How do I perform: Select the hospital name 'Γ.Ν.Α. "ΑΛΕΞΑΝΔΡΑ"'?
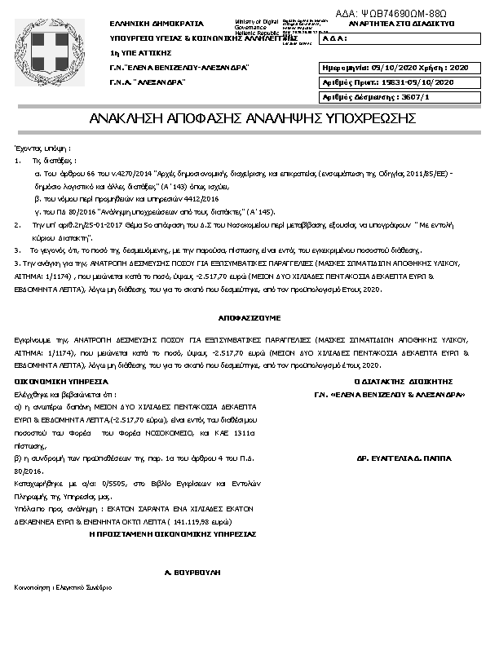(148, 82)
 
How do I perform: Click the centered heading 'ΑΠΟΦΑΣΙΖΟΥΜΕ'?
(245, 314)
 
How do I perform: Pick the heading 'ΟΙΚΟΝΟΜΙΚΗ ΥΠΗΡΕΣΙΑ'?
(62, 381)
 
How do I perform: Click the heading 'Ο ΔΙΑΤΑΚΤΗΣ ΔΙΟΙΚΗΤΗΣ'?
(403, 381)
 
